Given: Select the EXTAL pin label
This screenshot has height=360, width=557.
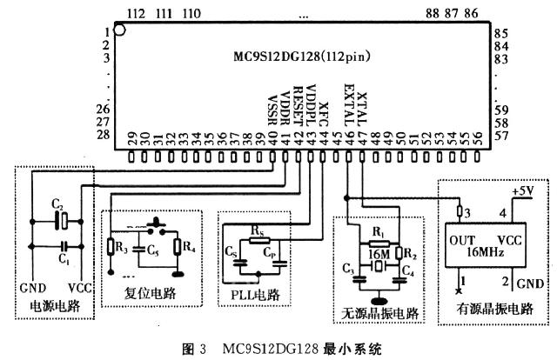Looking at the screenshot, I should click(x=348, y=103).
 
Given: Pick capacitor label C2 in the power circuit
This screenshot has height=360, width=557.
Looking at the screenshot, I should click(x=57, y=203).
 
